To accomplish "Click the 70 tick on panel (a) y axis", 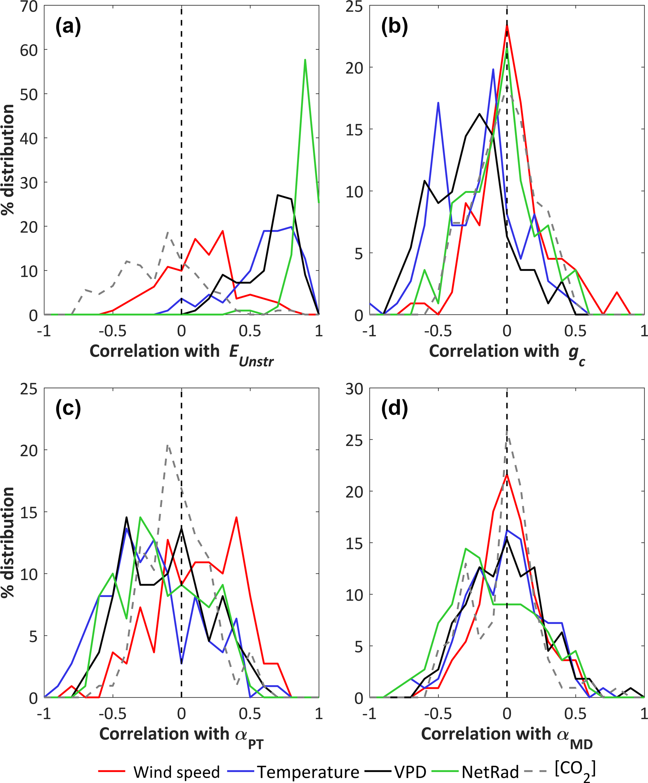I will point(29,6).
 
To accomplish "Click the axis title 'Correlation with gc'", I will point(507,352).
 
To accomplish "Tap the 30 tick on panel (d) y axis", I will point(354,389).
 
